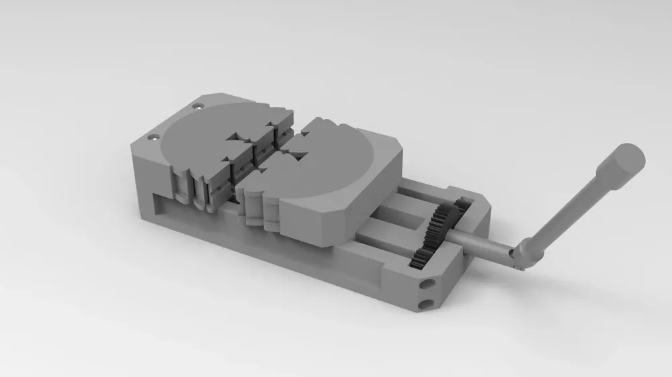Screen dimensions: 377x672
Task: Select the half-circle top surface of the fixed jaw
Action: coord(202,138)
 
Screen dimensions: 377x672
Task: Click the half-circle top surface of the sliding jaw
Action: coord(336,161)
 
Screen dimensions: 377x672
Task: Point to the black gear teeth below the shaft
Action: coord(420,256)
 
